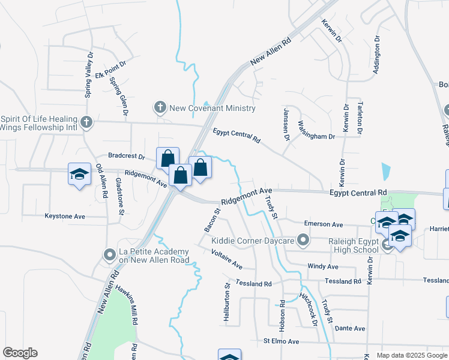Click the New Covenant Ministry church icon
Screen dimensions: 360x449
[160, 108]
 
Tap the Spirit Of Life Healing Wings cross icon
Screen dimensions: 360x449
[86, 123]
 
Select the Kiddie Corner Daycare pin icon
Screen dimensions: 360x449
[304, 241]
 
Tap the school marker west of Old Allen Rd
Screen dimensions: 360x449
[79, 175]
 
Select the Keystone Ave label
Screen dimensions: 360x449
[65, 216]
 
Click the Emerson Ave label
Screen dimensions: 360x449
[323, 224]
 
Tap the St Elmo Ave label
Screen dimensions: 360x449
[281, 341]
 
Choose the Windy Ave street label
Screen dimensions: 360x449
[323, 266]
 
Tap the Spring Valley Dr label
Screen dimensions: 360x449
[88, 75]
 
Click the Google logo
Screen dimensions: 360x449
[20, 353]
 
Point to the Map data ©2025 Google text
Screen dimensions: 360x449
[411, 355]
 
